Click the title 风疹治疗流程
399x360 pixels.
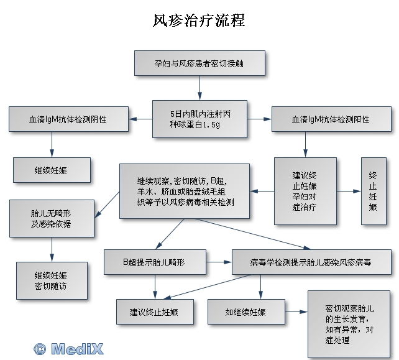(199, 21)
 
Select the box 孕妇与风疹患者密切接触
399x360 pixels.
(200, 63)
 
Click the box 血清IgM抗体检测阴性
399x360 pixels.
(68, 119)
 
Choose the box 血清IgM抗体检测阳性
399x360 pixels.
(330, 119)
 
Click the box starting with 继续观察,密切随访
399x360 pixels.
(185, 191)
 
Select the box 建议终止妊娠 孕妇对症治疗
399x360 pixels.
(305, 191)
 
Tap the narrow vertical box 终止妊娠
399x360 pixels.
(373, 191)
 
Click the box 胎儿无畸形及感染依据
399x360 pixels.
(52, 218)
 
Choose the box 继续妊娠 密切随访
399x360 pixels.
(52, 281)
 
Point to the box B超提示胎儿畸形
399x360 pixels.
(154, 262)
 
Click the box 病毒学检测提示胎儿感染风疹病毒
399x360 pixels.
(311, 262)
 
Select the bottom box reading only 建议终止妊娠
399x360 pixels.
(154, 312)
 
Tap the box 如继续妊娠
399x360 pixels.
(245, 312)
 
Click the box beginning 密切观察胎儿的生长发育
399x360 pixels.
(349, 324)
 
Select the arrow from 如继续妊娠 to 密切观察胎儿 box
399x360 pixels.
(296, 312)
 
